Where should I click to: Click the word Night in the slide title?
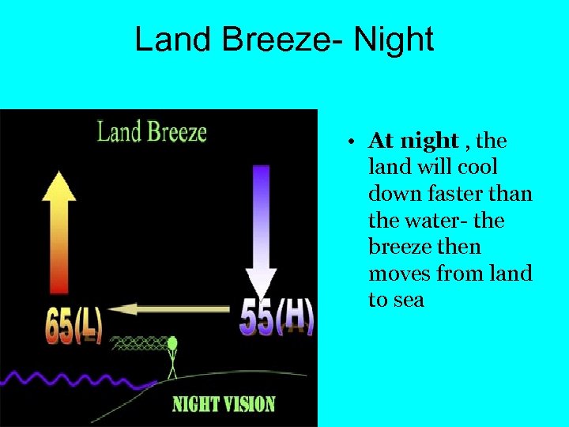click(x=394, y=40)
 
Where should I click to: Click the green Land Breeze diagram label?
click(x=152, y=130)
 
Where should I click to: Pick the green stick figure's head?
click(x=172, y=344)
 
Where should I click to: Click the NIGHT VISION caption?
click(x=224, y=404)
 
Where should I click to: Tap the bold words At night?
click(x=413, y=141)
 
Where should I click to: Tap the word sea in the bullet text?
click(x=408, y=300)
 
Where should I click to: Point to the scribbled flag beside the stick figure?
click(x=142, y=344)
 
